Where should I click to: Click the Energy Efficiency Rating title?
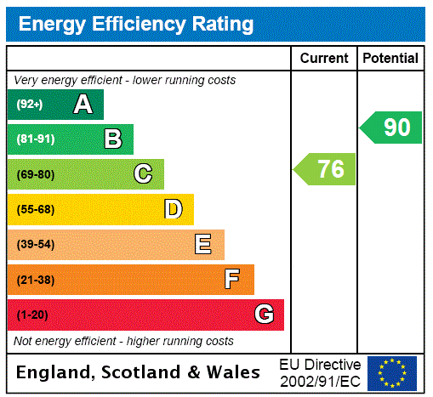pos(136,24)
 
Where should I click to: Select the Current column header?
pos(324,58)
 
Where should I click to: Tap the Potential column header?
pos(390,58)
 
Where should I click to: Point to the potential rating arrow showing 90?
pos(392,128)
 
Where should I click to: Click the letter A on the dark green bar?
pos(83,105)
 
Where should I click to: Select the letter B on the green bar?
pos(113,139)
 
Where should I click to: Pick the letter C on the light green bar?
pos(143,174)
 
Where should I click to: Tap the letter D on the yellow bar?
pos(173,209)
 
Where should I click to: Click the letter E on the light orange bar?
pos(203,245)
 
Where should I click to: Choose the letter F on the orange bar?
pos(232,279)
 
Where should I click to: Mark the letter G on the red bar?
pos(264,315)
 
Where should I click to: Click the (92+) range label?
pos(30,105)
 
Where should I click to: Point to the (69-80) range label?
pos(35,175)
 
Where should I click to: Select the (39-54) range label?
pos(35,245)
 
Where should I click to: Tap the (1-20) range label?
pos(32,315)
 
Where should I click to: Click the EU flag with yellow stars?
pos(392,373)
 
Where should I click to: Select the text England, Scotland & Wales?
pos(139,372)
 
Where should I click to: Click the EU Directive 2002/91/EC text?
pos(320,372)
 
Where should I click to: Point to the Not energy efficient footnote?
pos(123,341)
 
